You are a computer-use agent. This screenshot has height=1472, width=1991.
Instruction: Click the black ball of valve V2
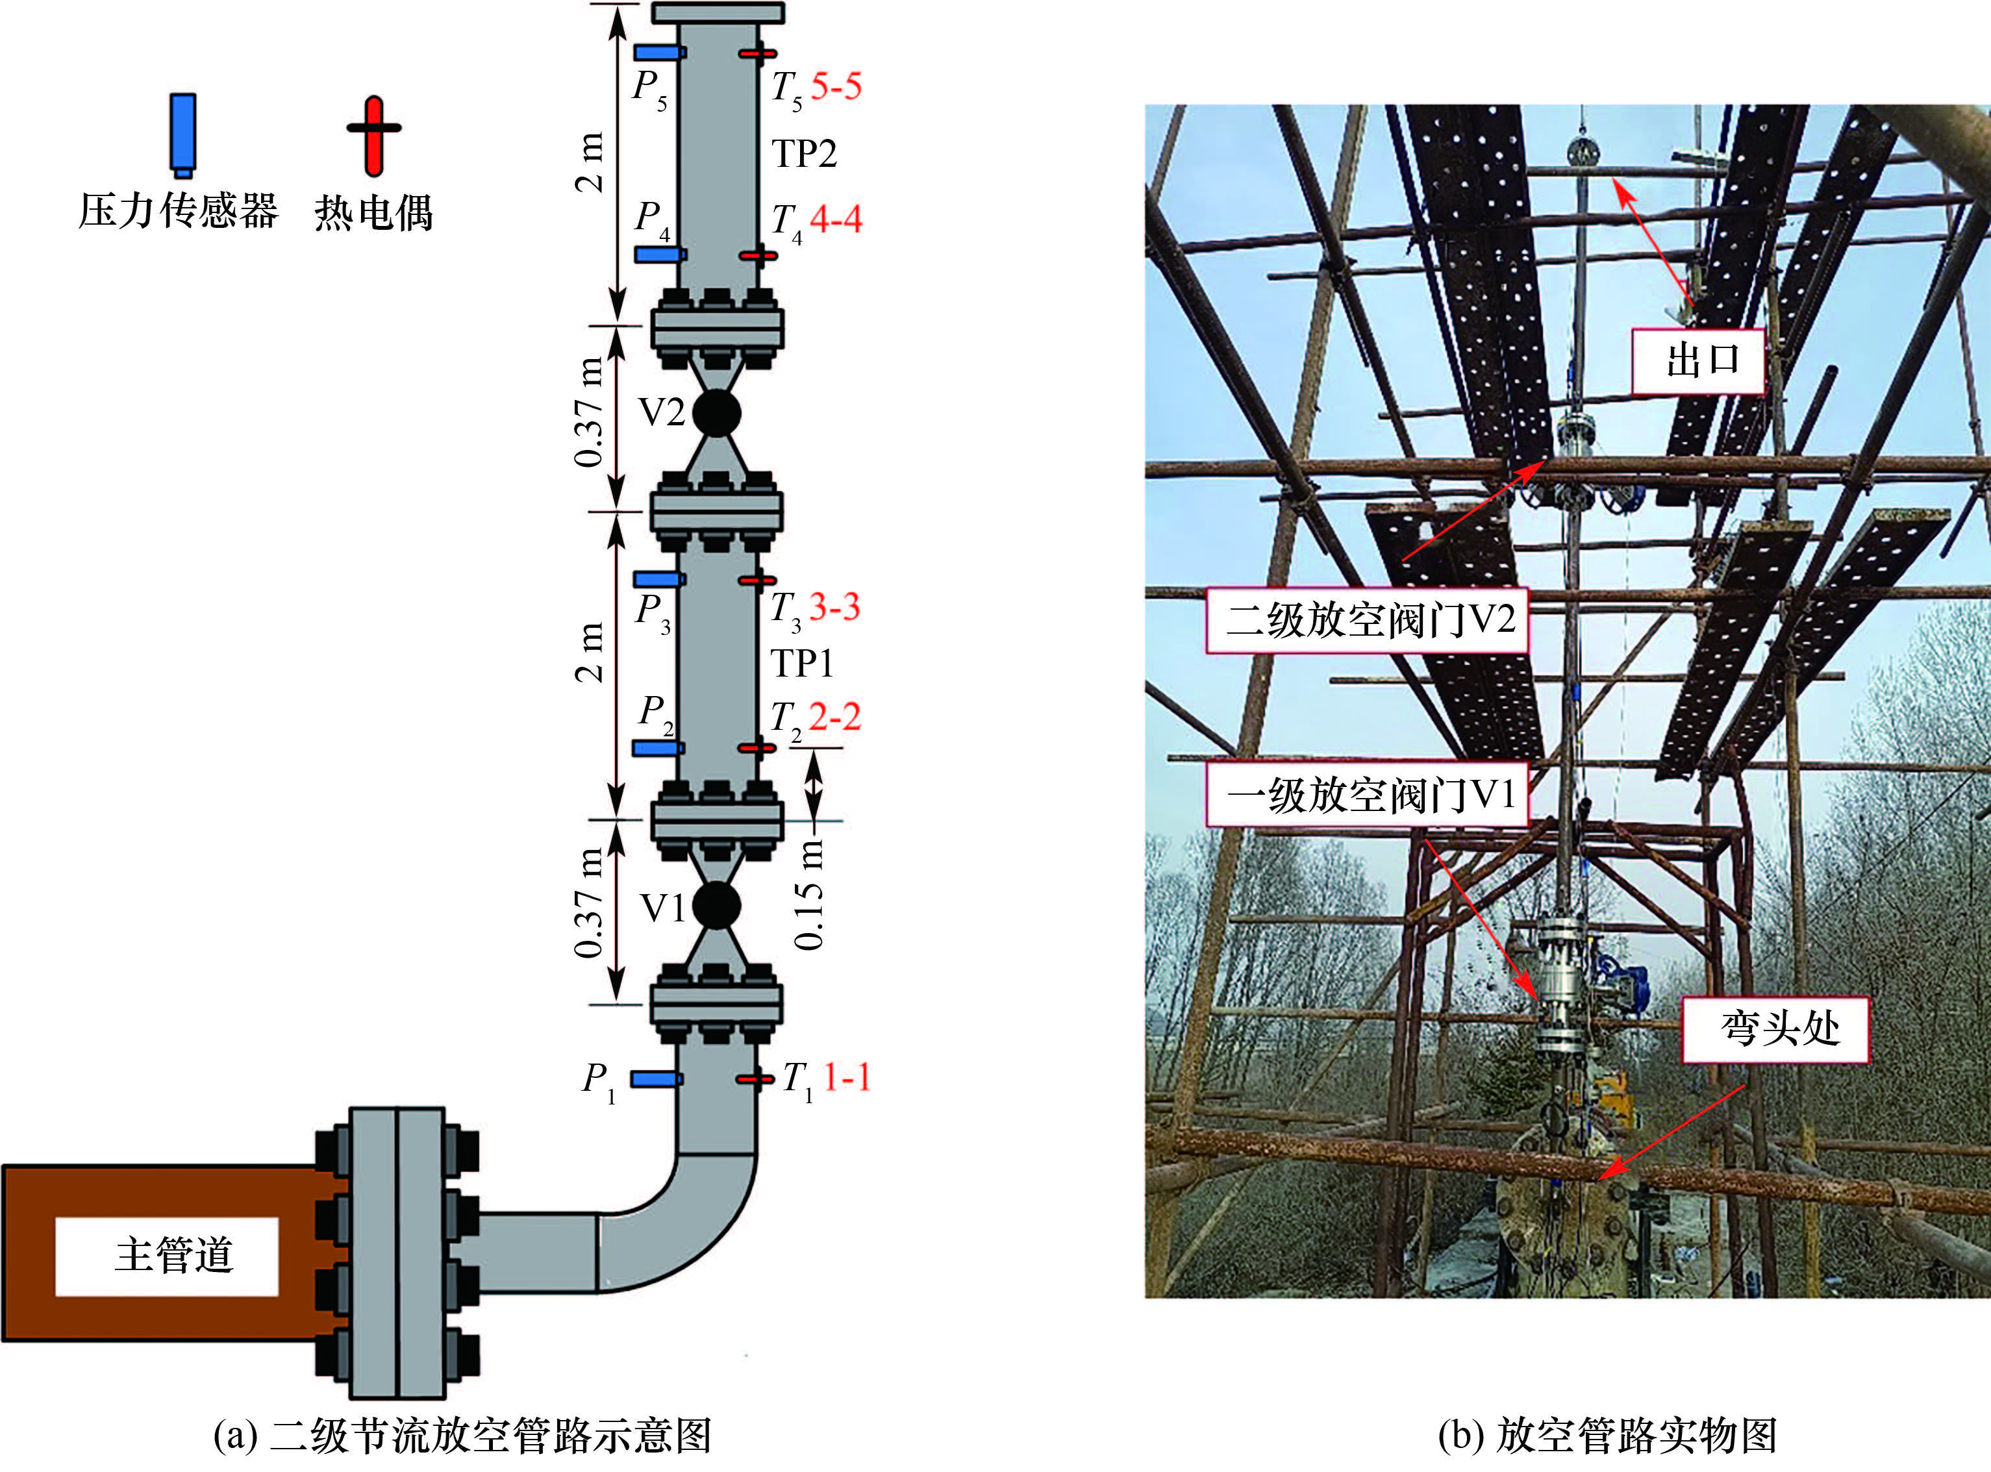[716, 412]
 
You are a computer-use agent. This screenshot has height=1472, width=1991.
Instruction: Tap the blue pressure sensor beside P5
[660, 53]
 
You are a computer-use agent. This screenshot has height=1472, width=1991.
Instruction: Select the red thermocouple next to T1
[755, 1079]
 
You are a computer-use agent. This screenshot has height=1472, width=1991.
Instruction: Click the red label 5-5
[836, 86]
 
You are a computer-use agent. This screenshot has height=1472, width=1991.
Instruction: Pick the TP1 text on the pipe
[802, 663]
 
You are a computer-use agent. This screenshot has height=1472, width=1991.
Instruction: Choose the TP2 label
[804, 153]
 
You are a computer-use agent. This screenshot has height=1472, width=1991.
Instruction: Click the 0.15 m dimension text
[809, 893]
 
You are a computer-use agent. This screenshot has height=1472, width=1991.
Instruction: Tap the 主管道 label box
[167, 1256]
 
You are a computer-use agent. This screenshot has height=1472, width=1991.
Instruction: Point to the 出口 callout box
[1697, 361]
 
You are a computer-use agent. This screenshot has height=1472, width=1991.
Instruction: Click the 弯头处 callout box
[1775, 1029]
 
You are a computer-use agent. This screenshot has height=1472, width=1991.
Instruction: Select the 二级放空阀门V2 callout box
[1366, 620]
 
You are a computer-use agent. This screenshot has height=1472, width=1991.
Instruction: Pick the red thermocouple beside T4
[758, 256]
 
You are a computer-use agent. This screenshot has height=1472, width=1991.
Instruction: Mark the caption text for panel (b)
[1607, 1436]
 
